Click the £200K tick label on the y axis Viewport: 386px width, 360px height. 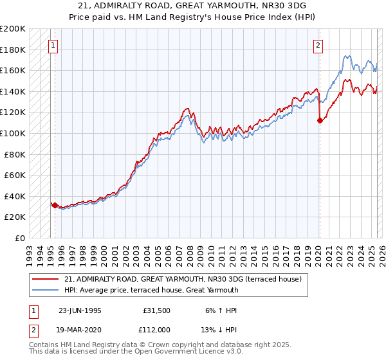[x=13, y=29]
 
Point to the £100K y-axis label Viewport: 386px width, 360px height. [x=13, y=133]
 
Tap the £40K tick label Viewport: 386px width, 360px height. [x=15, y=196]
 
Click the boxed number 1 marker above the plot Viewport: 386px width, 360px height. [x=52, y=45]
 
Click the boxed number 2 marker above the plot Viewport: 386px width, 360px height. [x=318, y=45]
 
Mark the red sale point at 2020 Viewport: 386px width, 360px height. [x=320, y=120]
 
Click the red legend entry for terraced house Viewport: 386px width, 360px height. [x=187, y=279]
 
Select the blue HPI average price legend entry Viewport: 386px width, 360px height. [x=151, y=290]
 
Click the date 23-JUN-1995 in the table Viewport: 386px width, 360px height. [x=80, y=310]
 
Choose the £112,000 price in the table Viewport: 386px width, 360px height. [x=155, y=329]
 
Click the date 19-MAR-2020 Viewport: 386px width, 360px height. [x=80, y=329]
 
